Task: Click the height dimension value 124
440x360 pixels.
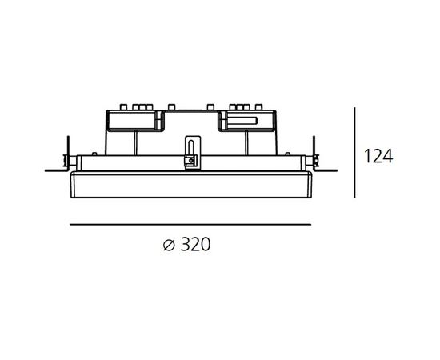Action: point(378,156)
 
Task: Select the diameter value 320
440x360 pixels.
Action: point(195,244)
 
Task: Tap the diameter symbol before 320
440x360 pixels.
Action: point(170,246)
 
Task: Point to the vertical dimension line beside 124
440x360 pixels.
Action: point(354,153)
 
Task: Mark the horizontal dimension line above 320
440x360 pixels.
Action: point(190,225)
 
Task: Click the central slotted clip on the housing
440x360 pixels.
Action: point(192,153)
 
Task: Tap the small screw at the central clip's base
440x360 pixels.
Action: point(191,161)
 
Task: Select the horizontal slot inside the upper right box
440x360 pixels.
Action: point(242,121)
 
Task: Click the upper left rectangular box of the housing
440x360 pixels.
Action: point(131,121)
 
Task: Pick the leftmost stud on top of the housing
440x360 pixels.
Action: point(123,107)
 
